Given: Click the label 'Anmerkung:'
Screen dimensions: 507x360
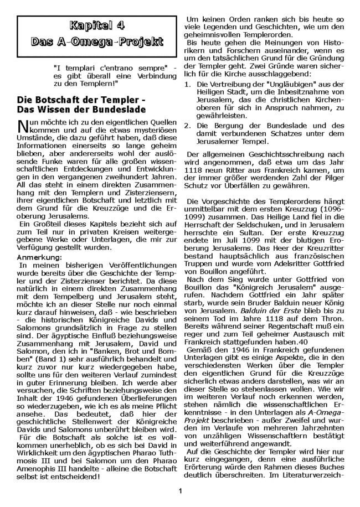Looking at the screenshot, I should point(37,242).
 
